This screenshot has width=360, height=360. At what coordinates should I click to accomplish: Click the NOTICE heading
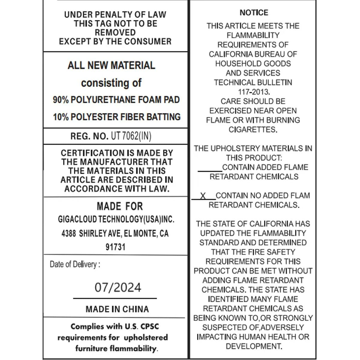click(254, 13)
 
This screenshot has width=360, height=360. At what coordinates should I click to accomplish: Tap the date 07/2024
click(118, 287)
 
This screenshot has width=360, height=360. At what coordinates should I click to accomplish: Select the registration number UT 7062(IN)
click(131, 136)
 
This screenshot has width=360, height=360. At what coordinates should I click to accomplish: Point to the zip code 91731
click(115, 247)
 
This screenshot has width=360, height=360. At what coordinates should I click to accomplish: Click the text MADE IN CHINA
click(117, 309)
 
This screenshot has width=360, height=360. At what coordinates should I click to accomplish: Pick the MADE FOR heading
click(120, 206)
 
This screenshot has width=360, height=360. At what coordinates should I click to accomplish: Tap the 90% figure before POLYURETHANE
click(61, 100)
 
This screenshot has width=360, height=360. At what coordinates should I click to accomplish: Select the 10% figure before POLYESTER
click(61, 117)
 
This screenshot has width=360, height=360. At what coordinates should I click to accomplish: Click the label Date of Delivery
click(75, 264)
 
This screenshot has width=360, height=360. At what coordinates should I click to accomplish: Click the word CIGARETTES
click(253, 130)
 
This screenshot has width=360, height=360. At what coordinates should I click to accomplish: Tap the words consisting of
click(111, 83)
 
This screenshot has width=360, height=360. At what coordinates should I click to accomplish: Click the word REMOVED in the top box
click(115, 32)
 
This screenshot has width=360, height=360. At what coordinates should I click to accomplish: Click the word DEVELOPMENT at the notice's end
click(253, 346)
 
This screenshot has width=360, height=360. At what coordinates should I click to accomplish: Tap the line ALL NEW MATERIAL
click(111, 65)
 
